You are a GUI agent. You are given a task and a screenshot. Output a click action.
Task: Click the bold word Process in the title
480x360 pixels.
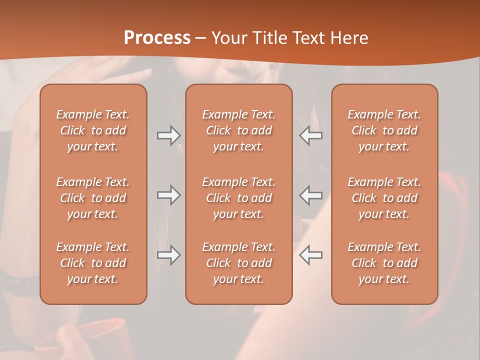(157, 38)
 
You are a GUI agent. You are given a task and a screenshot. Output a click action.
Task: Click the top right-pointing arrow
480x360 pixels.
(168, 135)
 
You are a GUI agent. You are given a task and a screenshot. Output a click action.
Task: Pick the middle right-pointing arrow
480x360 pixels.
(168, 195)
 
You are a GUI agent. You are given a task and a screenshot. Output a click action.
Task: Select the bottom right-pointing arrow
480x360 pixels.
(168, 255)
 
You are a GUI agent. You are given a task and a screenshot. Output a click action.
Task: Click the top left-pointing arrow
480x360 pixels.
(311, 135)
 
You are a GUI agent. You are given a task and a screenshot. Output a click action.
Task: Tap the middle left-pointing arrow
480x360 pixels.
(311, 195)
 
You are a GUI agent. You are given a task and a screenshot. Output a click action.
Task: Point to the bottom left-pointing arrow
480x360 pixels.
(311, 255)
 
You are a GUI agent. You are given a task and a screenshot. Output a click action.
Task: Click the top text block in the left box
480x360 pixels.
(93, 130)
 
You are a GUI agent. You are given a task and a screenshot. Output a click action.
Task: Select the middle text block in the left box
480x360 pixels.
(93, 198)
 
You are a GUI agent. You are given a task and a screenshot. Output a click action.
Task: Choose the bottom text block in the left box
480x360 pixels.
(93, 263)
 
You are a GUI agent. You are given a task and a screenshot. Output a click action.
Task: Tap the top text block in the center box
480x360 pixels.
(238, 130)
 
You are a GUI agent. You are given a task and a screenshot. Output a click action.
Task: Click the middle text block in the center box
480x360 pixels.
(238, 198)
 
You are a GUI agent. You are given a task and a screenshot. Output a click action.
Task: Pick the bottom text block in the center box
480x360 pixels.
(238, 263)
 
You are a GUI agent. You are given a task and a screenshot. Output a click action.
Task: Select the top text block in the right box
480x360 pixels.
(384, 130)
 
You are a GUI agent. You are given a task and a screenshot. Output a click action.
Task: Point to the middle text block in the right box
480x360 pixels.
(384, 198)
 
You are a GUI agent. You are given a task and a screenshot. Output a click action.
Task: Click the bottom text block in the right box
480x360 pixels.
(384, 263)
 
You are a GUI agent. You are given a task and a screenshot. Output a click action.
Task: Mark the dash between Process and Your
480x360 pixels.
(201, 38)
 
